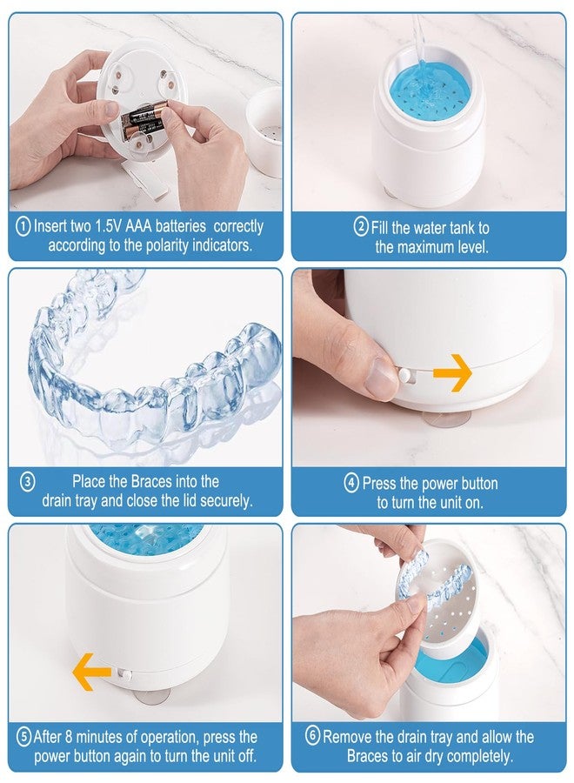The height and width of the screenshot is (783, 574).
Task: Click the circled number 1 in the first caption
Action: (23, 227)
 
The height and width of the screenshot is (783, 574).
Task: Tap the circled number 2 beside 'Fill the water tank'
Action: (361, 227)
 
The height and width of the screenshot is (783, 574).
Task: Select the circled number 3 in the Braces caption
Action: (28, 482)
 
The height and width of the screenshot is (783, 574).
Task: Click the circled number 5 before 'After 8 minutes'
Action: (24, 737)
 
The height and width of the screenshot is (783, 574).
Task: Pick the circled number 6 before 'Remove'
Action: (312, 735)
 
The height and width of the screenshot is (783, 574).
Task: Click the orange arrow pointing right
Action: (452, 372)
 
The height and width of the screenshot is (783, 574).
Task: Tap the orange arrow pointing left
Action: (91, 672)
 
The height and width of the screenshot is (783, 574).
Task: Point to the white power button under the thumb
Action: (407, 375)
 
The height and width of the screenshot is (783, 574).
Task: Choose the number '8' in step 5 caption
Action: (69, 737)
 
